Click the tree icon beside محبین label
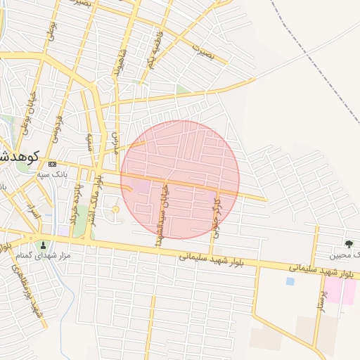point(349,244)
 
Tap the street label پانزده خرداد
point(75,195)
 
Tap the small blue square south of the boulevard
point(290,281)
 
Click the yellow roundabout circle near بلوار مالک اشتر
point(116,209)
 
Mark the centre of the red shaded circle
point(180,179)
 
